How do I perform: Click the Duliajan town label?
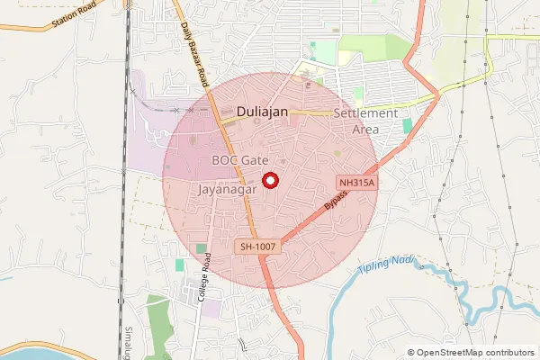coord(268,112)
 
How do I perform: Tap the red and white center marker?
coord(269,180)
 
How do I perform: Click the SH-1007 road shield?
coord(258,246)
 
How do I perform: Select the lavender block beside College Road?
coord(212,308)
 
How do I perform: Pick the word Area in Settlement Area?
coord(364,129)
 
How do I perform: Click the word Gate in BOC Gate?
coord(255,159)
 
